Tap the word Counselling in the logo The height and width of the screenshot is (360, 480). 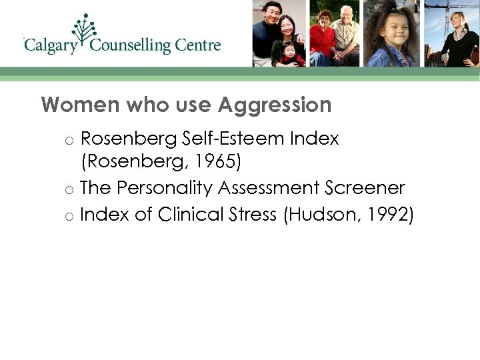tap(130, 46)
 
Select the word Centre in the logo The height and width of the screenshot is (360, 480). tap(197, 45)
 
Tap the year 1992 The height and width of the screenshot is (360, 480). tap(385, 214)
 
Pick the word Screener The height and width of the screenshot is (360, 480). tap(367, 189)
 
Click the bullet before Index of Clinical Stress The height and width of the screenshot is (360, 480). tap(69, 216)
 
